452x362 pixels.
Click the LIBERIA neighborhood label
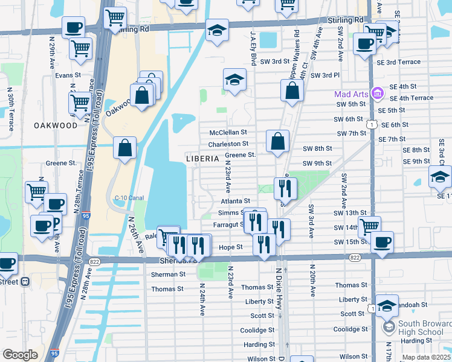[x=202, y=158]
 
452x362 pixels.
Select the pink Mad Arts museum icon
[x=377, y=94]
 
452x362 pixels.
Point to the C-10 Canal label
[x=128, y=197]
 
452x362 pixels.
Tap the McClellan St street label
[x=228, y=132]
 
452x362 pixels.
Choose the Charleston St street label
[x=228, y=144]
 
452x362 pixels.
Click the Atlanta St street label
[x=235, y=201]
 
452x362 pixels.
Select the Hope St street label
[x=230, y=247]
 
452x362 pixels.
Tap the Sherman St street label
[x=168, y=274]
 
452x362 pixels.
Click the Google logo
[x=20, y=355]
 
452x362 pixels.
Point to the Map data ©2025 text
[x=426, y=357]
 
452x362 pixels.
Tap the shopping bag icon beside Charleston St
[x=277, y=142]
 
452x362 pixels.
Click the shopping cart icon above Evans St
[x=80, y=48]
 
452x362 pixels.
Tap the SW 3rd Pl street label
[x=326, y=75]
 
